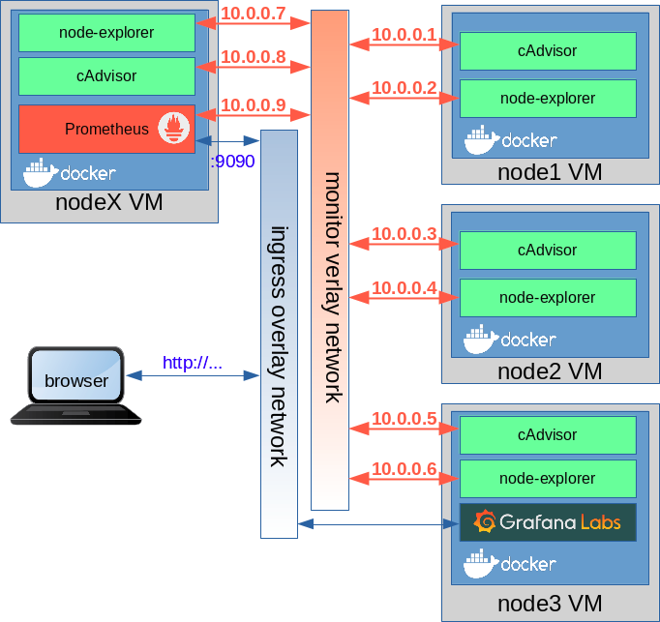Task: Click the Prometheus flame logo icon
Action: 173,128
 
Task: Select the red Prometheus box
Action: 106,130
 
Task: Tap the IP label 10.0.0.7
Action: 254,13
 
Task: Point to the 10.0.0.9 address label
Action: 254,104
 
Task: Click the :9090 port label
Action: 233,162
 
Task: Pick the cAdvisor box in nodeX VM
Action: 106,76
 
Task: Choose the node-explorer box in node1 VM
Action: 548,99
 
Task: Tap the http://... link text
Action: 193,363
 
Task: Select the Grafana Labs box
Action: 548,522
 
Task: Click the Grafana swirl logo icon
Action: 485,521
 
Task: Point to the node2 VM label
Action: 550,371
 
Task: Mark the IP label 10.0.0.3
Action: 405,233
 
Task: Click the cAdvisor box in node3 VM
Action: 548,435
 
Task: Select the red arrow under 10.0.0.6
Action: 405,478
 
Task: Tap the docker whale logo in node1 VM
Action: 482,139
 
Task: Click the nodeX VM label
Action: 109,202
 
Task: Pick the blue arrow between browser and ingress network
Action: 193,375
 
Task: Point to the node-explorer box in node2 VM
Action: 548,298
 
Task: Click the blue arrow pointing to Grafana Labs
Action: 378,524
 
